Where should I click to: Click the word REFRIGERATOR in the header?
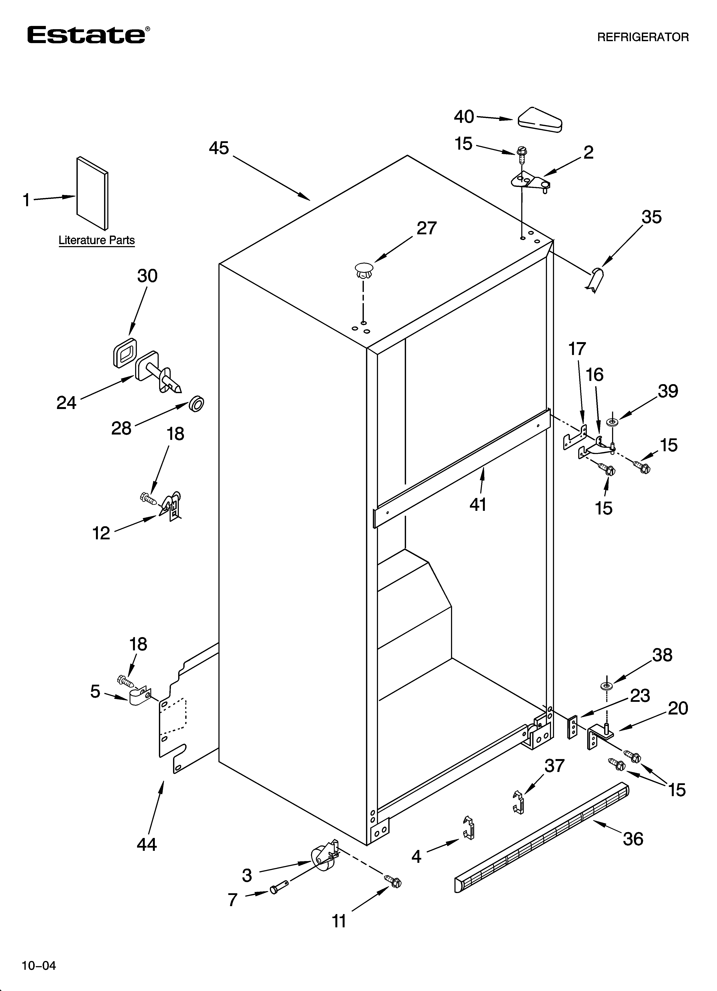click(x=643, y=37)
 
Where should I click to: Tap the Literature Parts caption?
click(x=97, y=240)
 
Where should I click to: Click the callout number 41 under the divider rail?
click(x=478, y=505)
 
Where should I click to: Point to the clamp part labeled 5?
click(x=139, y=696)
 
